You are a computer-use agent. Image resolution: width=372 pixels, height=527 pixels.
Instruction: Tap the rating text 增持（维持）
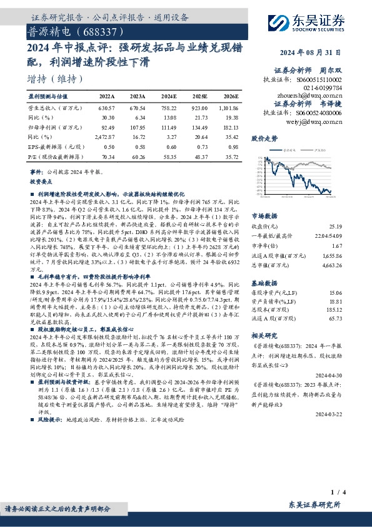pyautogui.click(x=56, y=79)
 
